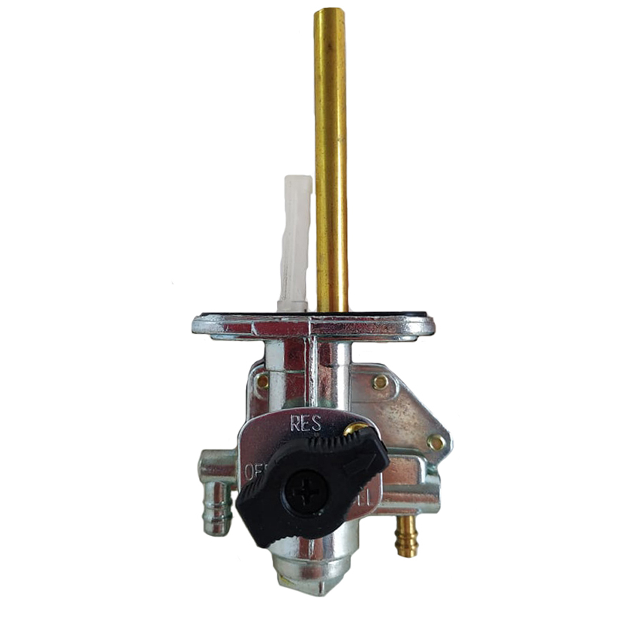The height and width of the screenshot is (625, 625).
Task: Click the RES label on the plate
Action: (x=306, y=424)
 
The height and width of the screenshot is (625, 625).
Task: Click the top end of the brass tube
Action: (x=329, y=11)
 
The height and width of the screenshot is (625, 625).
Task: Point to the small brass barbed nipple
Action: (x=406, y=538)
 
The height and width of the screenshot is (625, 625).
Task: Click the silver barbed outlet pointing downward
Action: (x=218, y=512)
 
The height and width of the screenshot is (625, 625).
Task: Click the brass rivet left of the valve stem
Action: (x=263, y=380)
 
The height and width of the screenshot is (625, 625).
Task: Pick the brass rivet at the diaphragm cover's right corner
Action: (x=436, y=442)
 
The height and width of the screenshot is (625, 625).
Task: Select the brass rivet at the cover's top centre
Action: (x=379, y=382)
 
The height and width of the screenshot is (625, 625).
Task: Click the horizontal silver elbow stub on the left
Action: (x=212, y=464)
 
